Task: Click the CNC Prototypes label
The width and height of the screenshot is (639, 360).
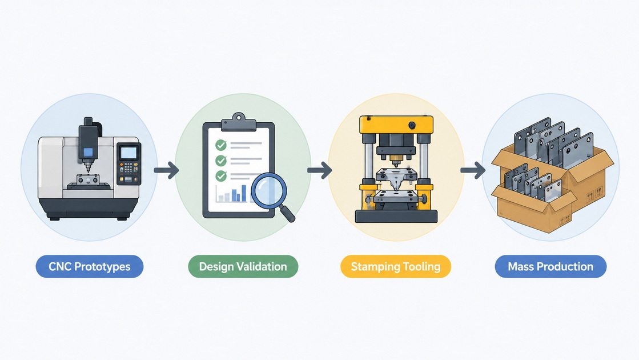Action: click(x=90, y=267)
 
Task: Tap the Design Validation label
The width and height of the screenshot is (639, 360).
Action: click(x=243, y=267)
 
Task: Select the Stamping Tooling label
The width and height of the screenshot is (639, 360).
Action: click(x=396, y=267)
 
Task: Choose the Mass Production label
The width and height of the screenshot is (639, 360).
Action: click(x=550, y=267)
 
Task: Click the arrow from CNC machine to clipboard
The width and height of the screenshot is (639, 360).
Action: click(x=166, y=170)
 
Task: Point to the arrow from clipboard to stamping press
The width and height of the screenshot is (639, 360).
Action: click(x=320, y=170)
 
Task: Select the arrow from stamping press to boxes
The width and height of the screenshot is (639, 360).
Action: click(x=473, y=170)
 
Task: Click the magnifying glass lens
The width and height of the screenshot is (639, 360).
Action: click(x=268, y=191)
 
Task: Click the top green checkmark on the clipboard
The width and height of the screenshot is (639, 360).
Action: click(x=221, y=145)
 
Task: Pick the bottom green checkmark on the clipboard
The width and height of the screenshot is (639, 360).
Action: click(x=221, y=176)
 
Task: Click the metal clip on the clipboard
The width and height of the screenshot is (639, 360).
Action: click(x=238, y=123)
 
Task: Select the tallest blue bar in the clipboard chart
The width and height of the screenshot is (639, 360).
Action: click(x=244, y=193)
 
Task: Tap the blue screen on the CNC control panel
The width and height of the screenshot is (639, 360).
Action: click(x=129, y=153)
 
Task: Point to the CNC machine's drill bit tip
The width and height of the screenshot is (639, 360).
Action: click(x=87, y=172)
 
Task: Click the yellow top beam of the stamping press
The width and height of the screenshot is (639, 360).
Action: click(x=396, y=125)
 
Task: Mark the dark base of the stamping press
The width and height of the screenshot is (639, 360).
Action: click(x=396, y=216)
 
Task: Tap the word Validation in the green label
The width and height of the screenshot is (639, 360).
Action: click(x=263, y=267)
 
